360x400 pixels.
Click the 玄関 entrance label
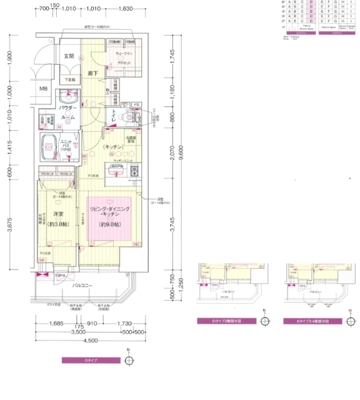tap(69, 56)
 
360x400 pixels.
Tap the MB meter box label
tap(43, 89)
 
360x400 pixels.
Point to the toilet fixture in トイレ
tap(130, 116)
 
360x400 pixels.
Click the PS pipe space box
tap(137, 104)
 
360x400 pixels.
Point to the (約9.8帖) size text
tap(109, 223)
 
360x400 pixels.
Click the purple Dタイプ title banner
tap(91, 361)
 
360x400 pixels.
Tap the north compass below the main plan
tap(129, 361)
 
